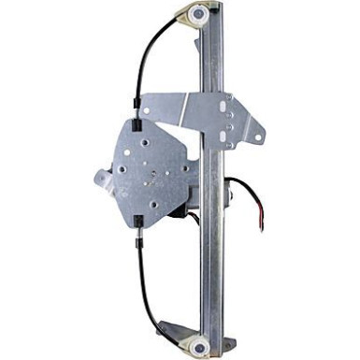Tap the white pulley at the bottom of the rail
coord(201,341)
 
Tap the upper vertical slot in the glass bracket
coord(230,106)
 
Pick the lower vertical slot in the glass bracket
coord(230,130)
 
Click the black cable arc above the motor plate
coord(154,47)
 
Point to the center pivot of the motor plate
coord(154,172)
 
